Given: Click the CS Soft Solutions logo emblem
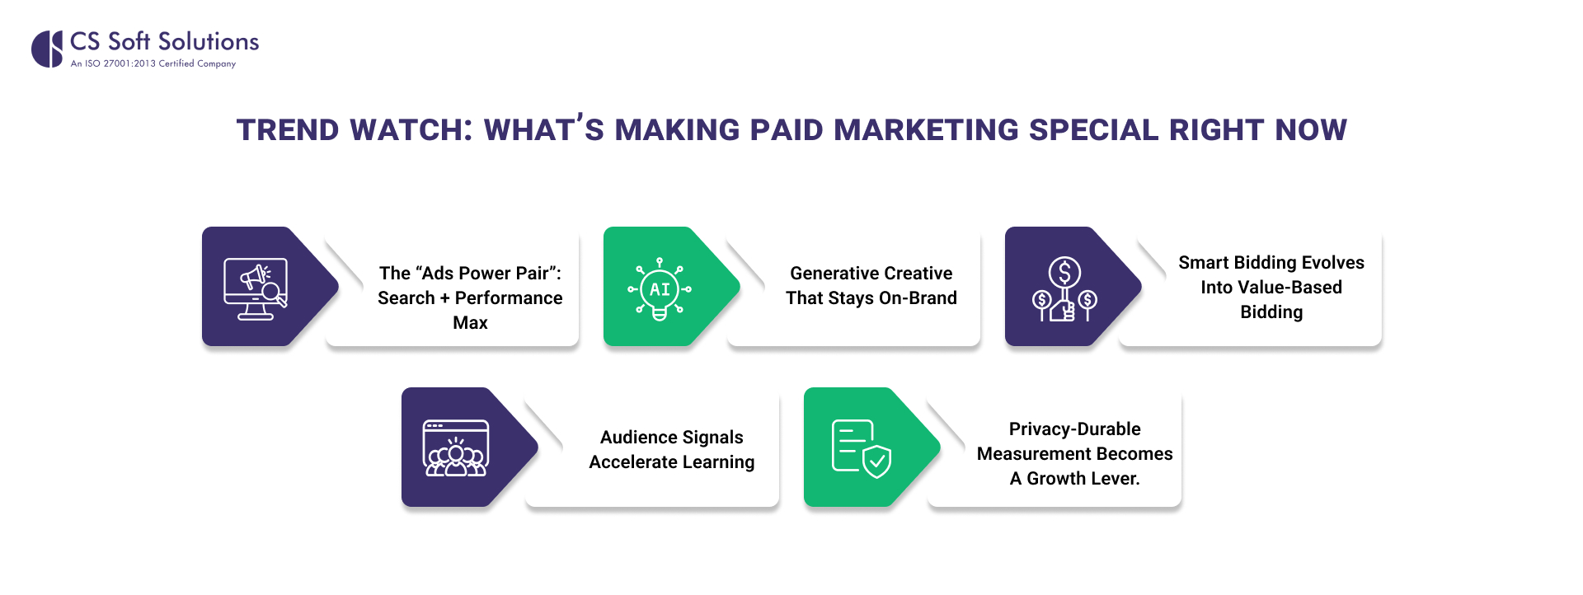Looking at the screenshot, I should point(47,49).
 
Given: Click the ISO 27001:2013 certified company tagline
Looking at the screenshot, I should point(153,63).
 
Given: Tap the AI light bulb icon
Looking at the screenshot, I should point(660,288).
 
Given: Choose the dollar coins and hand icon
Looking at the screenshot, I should point(1064,289).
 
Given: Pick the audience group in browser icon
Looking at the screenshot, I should point(456,448).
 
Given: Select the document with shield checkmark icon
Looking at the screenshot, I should point(861,448).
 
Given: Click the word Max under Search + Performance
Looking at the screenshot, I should point(470,323).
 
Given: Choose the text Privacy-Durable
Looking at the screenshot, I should point(1074,429).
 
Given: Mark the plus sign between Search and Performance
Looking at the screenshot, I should point(444,298).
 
